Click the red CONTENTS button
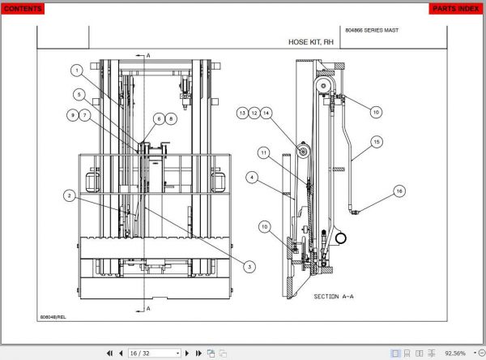click(23, 9)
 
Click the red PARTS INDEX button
click(454, 9)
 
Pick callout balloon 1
click(75, 70)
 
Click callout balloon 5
click(79, 94)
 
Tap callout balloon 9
click(72, 115)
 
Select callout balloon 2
click(70, 195)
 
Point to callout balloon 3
click(249, 267)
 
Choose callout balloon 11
click(263, 152)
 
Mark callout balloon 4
click(252, 177)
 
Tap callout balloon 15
click(376, 141)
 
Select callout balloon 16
click(399, 191)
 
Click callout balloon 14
click(266, 113)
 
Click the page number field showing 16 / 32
click(155, 354)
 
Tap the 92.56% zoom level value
click(455, 354)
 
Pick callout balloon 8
click(171, 118)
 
